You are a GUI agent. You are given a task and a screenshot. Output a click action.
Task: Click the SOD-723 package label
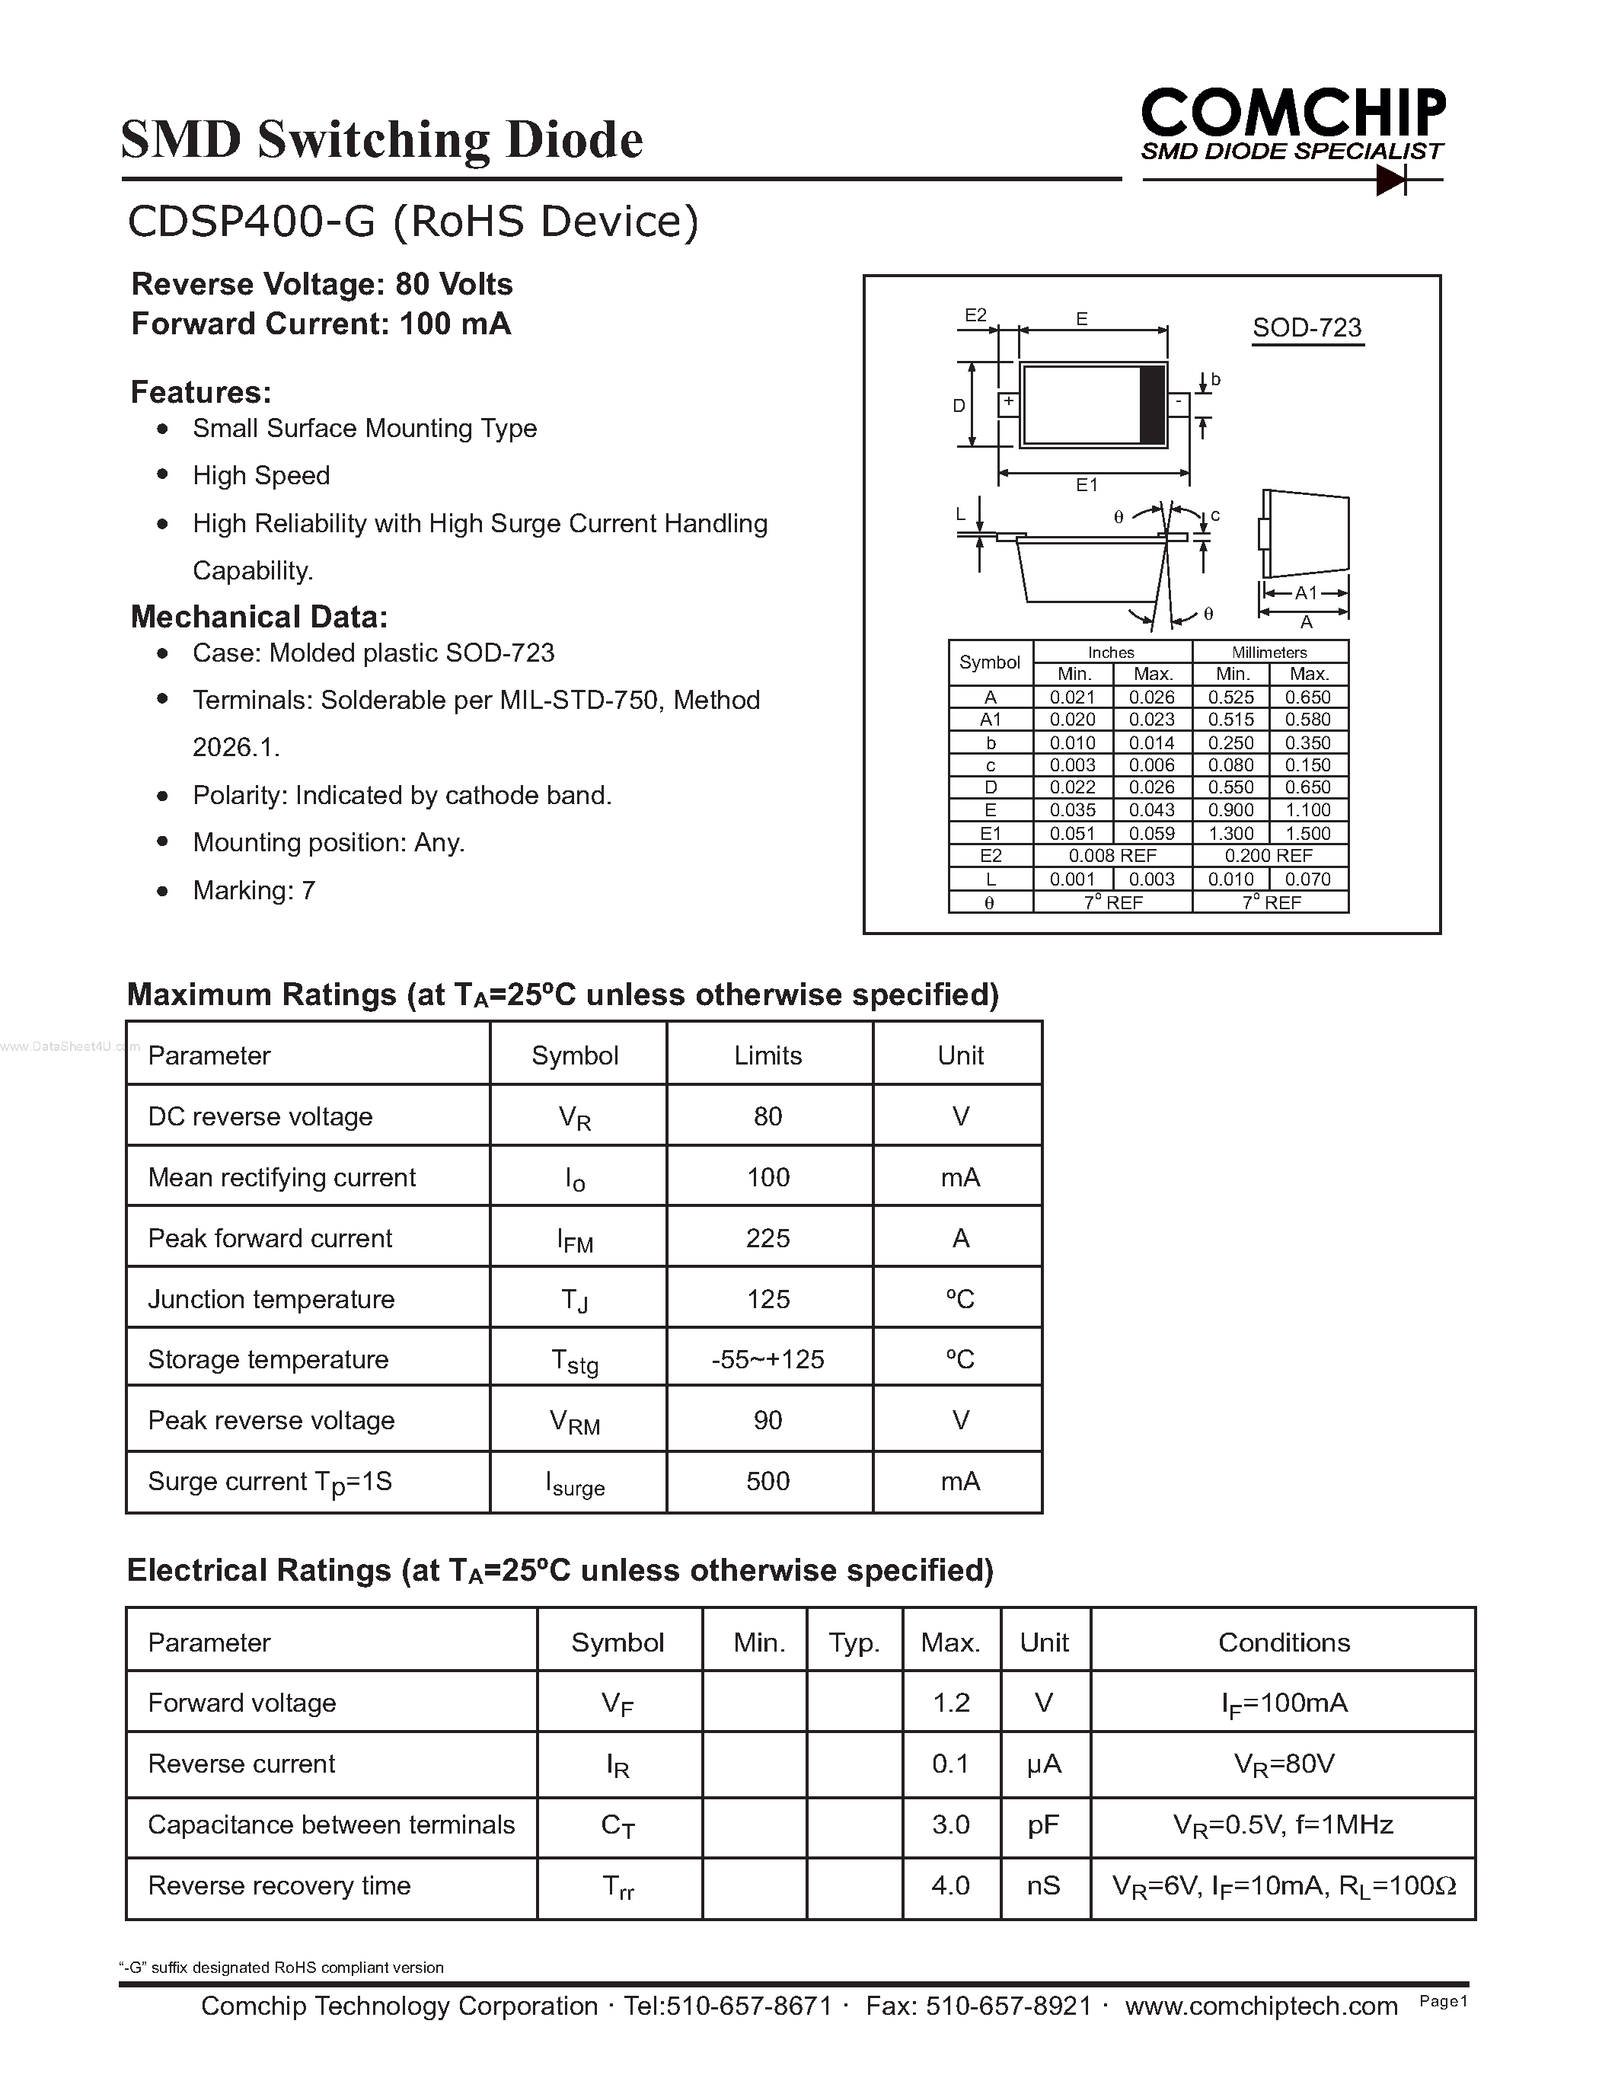click(x=1307, y=328)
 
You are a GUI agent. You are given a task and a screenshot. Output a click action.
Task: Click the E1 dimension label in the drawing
click(x=1086, y=485)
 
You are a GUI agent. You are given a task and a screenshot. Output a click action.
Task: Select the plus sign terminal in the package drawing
click(x=1008, y=403)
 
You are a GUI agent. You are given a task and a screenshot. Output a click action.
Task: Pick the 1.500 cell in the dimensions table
click(x=1308, y=833)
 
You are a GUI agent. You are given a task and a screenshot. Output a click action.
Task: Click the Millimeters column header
click(x=1269, y=652)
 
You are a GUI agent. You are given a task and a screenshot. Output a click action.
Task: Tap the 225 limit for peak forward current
click(x=768, y=1238)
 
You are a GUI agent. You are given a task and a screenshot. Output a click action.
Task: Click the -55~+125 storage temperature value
click(x=768, y=1359)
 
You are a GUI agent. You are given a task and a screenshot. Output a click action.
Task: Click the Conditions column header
click(x=1284, y=1642)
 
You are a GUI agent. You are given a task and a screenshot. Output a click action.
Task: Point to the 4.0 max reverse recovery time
click(x=950, y=1886)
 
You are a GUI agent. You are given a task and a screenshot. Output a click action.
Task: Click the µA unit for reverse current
click(x=1043, y=1764)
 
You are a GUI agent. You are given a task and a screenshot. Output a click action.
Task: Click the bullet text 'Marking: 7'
click(x=254, y=891)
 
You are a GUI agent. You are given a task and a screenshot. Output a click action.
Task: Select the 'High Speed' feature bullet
click(x=260, y=476)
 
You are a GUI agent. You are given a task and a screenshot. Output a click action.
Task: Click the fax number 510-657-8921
click(x=1008, y=2006)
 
